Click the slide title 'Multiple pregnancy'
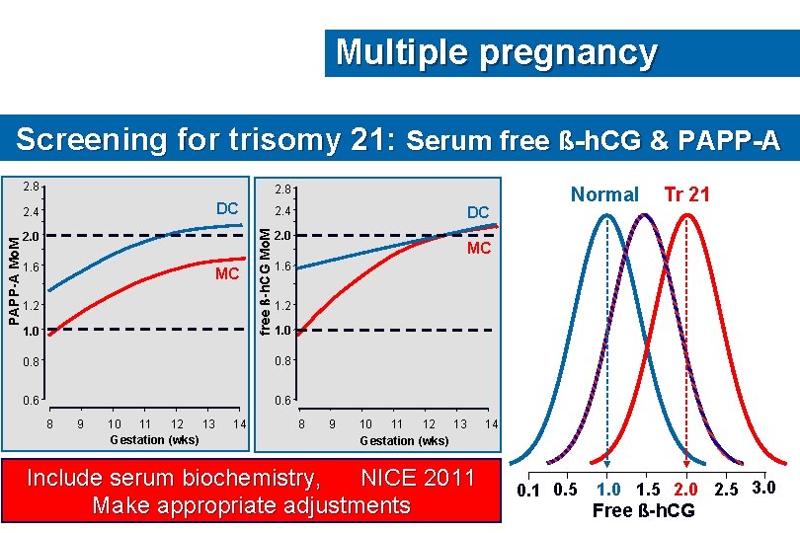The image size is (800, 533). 496,52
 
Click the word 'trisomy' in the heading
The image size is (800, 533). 269,140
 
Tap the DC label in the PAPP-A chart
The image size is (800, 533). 227,208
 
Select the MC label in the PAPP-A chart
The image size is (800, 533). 227,273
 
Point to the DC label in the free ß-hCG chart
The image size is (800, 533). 478,213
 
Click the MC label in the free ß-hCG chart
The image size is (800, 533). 479,248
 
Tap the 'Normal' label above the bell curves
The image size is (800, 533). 604,194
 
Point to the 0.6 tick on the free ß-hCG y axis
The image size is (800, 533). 282,400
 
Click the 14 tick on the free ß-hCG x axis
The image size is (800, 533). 490,423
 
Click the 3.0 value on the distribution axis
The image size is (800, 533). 764,488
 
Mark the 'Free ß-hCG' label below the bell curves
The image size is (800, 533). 643,510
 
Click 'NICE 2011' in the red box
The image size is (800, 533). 418,479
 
